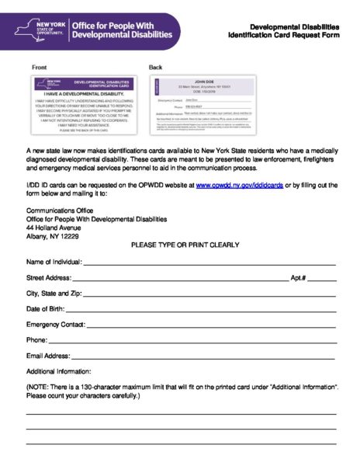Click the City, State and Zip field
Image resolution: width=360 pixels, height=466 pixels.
209,295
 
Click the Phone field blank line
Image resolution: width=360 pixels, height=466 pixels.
193,341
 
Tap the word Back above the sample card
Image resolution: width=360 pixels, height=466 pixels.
155,68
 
